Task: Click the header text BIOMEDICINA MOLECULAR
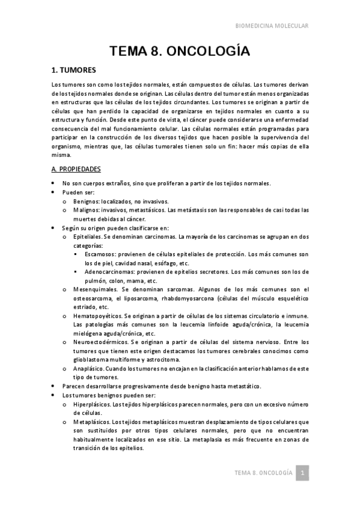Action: tap(271, 26)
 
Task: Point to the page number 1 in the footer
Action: tap(304, 473)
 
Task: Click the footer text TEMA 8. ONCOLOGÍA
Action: tap(263, 473)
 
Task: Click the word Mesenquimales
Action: tap(93, 289)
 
